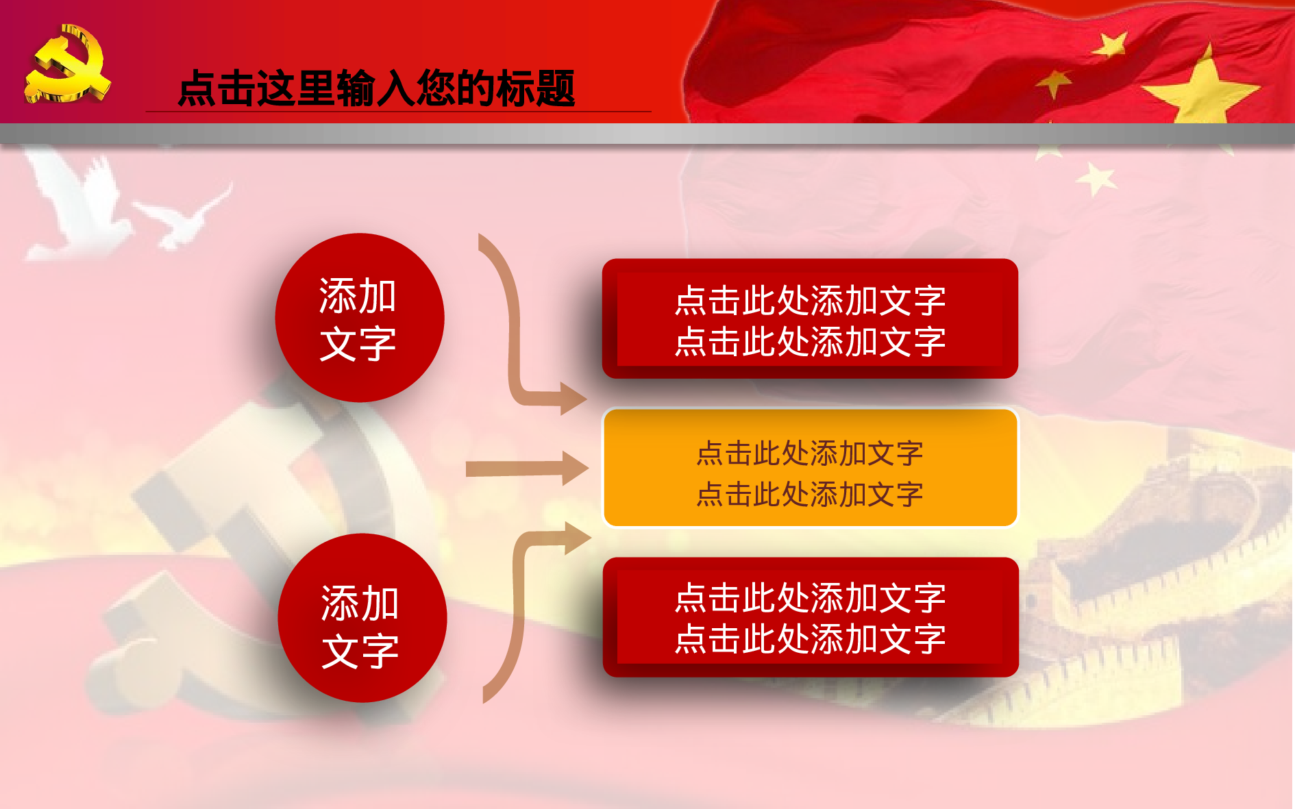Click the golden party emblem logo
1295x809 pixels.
coord(66,64)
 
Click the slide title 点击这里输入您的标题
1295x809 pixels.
coord(376,89)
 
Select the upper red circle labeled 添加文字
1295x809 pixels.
coord(359,318)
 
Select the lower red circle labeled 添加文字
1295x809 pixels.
coord(362,618)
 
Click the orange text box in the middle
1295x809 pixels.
coord(810,469)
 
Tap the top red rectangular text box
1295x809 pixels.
coord(810,319)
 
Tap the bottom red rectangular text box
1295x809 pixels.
coord(810,617)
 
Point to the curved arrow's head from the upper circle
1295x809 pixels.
coord(571,398)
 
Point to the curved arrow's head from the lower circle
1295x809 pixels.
coord(576,538)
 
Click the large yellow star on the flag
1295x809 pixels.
coord(1202,89)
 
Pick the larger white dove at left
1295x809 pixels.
coord(75,206)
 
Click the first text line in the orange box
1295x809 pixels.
coord(810,453)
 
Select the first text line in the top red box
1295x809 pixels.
coord(810,301)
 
